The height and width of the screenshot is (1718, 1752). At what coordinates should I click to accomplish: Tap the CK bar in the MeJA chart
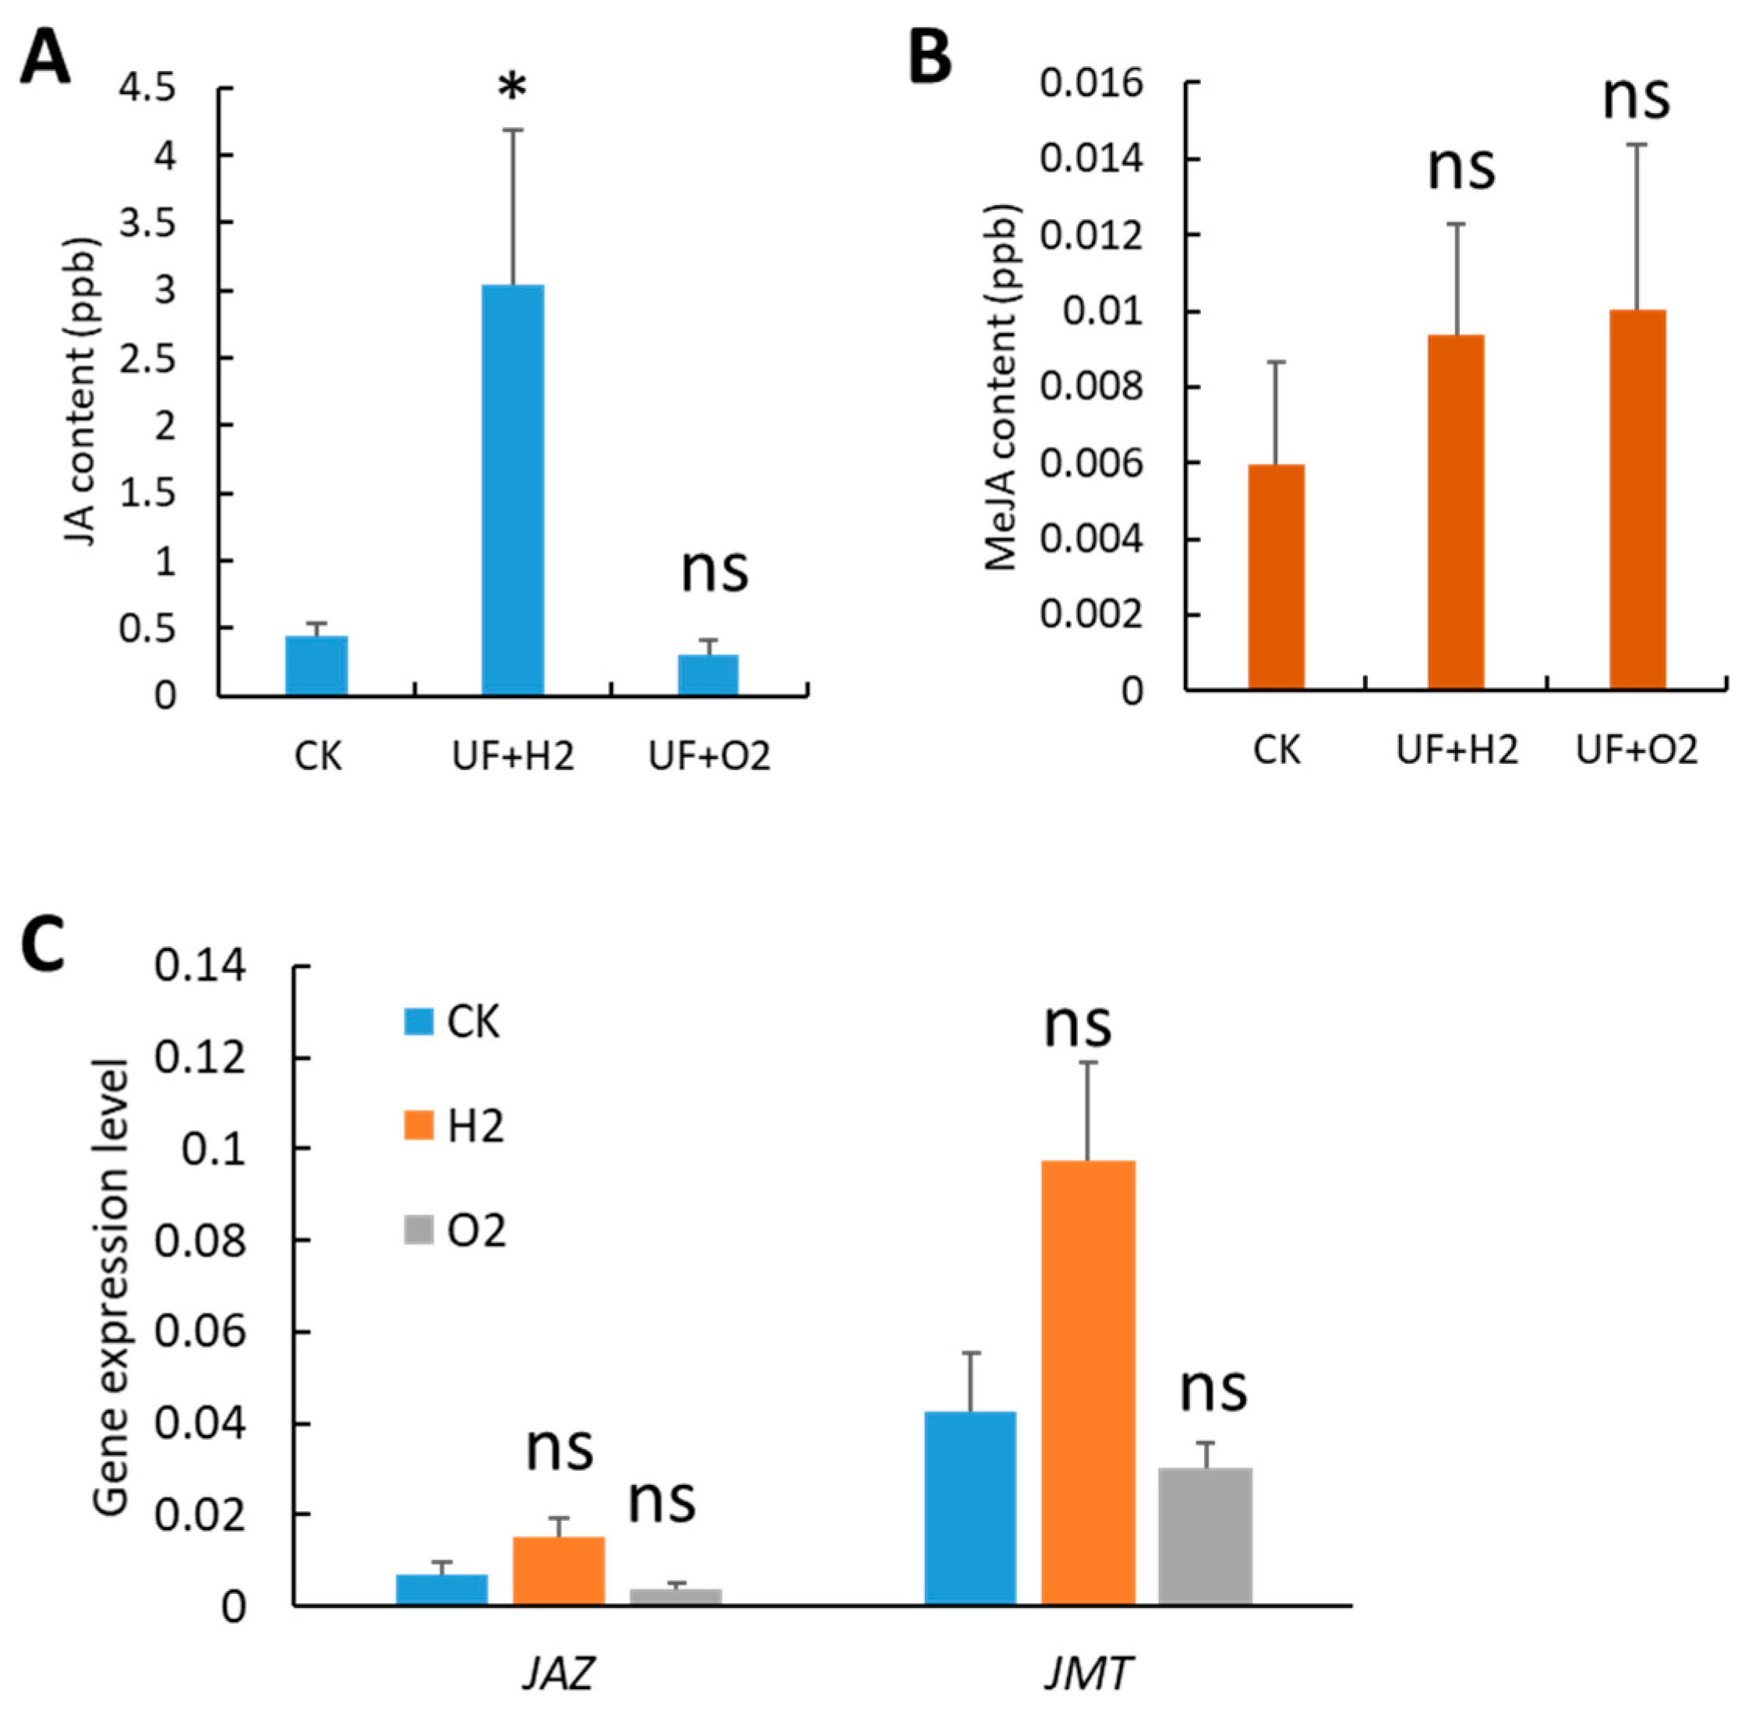1276,578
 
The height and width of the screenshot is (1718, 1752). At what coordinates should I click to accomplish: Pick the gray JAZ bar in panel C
675,1596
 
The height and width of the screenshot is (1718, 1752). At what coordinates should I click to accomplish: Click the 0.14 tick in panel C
200,967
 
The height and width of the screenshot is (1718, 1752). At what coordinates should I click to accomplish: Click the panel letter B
929,57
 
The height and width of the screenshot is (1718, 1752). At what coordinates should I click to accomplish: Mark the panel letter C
42,944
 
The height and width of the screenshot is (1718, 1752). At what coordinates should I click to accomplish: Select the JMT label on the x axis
1087,1674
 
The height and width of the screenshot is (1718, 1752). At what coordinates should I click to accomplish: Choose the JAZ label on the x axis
559,1674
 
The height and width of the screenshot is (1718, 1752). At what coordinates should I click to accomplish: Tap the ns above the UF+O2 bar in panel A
715,569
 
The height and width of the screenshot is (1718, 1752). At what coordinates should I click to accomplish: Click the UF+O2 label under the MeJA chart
1637,751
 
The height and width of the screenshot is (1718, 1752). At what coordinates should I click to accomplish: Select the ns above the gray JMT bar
1213,1391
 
